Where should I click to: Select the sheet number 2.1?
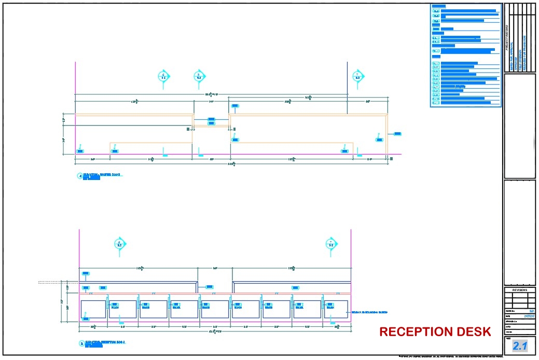coord(519,346)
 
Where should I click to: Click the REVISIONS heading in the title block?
coord(519,290)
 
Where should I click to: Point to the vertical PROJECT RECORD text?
coord(507,39)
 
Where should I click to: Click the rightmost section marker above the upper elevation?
coord(357,76)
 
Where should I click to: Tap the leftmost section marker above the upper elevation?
coord(164,76)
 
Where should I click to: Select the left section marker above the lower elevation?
coord(120,243)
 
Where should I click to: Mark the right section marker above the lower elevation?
coord(330,243)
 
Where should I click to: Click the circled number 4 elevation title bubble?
coord(80,176)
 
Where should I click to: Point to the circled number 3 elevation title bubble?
coord(81,343)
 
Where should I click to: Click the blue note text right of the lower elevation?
coord(369,312)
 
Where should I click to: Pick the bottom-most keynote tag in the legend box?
coord(436,103)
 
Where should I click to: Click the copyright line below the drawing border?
coord(450,356)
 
